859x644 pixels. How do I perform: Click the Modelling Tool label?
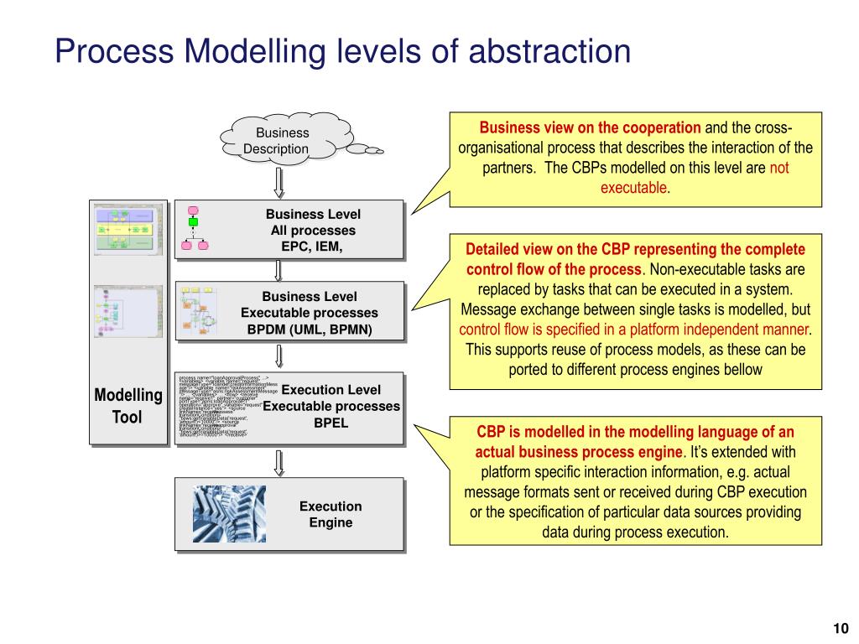click(x=128, y=406)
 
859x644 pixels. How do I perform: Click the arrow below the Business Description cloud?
click(x=280, y=181)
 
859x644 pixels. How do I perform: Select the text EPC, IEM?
click(x=312, y=246)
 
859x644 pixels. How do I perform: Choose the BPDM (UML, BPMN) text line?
click(x=310, y=329)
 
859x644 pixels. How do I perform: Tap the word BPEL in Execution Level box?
click(x=331, y=423)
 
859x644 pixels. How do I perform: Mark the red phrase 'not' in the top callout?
click(x=779, y=167)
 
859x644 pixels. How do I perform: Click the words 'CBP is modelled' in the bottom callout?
click(x=527, y=433)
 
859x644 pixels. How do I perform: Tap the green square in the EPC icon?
click(x=193, y=222)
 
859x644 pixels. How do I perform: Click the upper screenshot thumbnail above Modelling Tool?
click(x=127, y=228)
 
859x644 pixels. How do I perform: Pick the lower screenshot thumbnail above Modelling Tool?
click(x=127, y=313)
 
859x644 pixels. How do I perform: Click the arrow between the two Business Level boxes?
click(x=280, y=269)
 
